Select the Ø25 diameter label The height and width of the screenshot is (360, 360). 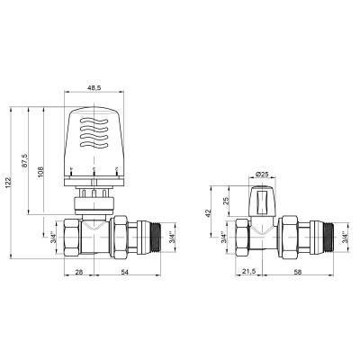pyautogui.click(x=262, y=172)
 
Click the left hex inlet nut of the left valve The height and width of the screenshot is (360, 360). pyautogui.click(x=72, y=238)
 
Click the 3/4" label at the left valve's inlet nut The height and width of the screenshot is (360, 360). pyautogui.click(x=54, y=238)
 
